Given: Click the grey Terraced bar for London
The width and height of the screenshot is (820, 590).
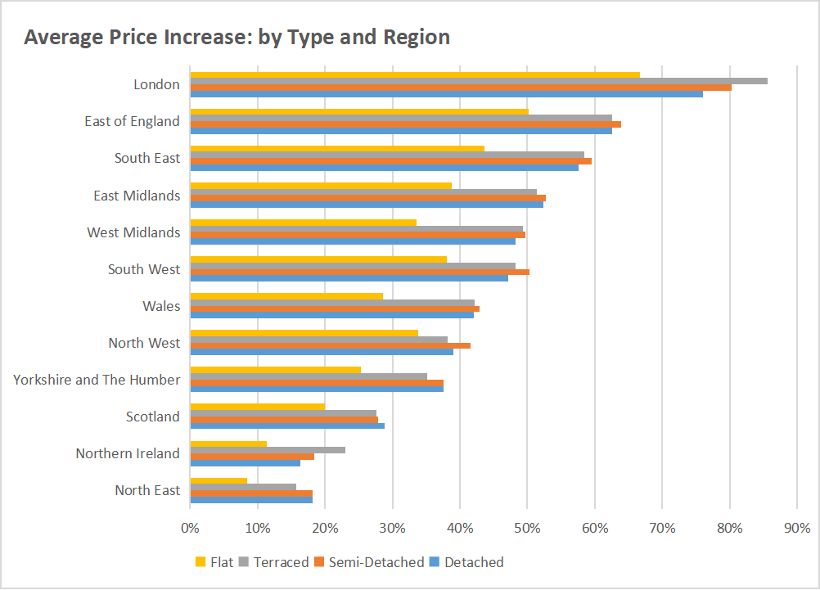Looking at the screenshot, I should click(x=479, y=81).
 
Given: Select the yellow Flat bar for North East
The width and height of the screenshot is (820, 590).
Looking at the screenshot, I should click(x=219, y=481).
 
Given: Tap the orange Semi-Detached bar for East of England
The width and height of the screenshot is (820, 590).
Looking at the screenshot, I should click(x=405, y=124).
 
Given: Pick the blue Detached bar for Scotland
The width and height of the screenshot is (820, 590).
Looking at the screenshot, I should click(x=287, y=426).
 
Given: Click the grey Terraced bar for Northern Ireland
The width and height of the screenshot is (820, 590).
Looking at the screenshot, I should click(x=268, y=450).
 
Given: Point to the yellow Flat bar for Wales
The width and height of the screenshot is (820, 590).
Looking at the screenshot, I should click(x=286, y=296).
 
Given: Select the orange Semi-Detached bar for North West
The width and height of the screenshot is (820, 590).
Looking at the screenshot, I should click(x=331, y=345).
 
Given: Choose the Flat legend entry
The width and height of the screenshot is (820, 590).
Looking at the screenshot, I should click(x=214, y=562).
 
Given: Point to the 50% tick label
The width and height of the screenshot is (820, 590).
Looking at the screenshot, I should click(x=527, y=529).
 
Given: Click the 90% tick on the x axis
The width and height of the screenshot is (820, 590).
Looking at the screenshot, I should click(x=797, y=529).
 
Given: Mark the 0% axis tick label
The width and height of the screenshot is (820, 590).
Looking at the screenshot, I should click(x=190, y=529).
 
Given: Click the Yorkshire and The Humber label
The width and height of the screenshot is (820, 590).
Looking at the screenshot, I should click(x=97, y=380).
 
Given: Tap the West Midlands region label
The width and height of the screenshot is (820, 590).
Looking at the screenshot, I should click(x=133, y=232).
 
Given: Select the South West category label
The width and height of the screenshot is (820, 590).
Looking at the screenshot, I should click(x=144, y=269).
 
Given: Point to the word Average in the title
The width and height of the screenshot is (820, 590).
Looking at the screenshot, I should click(x=59, y=38).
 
